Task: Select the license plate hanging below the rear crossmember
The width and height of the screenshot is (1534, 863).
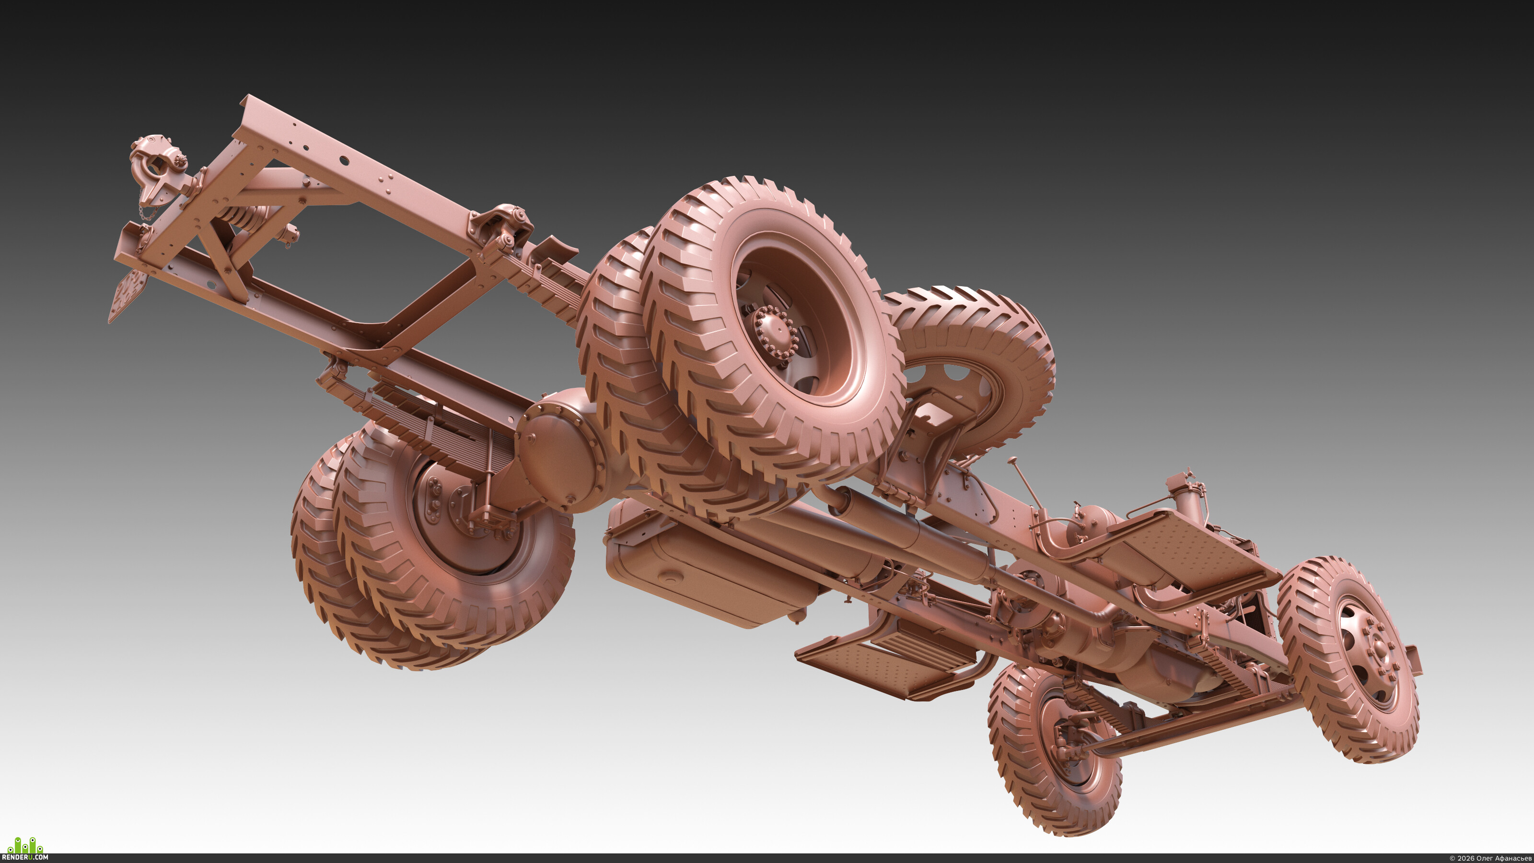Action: tap(128, 295)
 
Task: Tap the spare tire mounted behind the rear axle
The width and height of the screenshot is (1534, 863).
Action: tap(976, 369)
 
